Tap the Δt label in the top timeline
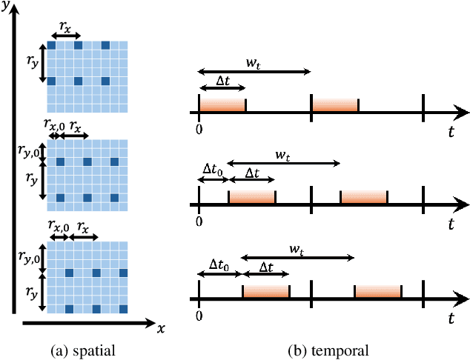(220, 80)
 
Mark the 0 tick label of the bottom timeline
(199, 315)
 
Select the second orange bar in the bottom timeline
(377, 291)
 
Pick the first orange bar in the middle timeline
(251, 197)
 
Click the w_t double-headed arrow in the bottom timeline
(297, 258)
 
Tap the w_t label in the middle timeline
(282, 154)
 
